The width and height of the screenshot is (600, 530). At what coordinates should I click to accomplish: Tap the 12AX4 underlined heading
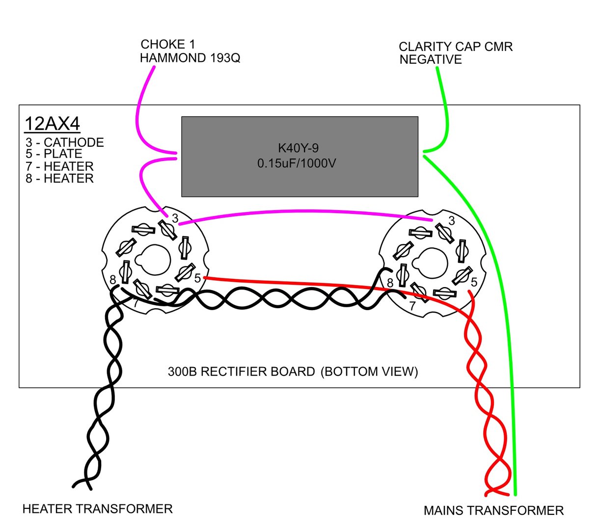tap(52, 124)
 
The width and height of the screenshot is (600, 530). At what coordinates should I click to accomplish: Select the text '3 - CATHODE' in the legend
tap(65, 142)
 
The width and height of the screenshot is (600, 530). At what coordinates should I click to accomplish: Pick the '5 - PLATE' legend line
tap(54, 154)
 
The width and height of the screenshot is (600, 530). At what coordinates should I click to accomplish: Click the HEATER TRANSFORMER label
tap(98, 509)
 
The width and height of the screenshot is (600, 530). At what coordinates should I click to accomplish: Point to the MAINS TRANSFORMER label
tap(493, 511)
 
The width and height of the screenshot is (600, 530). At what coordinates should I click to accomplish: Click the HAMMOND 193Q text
tap(190, 58)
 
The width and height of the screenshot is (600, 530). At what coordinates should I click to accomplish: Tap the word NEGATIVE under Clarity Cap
tap(431, 59)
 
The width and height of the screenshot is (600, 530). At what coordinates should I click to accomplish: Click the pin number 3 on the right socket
tap(452, 221)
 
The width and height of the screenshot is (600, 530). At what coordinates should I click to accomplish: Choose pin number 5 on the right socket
tap(474, 282)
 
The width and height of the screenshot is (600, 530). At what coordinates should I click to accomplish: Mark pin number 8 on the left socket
tap(113, 280)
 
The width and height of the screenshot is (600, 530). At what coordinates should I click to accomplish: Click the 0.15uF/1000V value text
tap(297, 163)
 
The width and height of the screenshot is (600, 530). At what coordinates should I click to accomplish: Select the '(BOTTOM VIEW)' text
tap(369, 371)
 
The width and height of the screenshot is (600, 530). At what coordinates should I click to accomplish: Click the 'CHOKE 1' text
tap(168, 44)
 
